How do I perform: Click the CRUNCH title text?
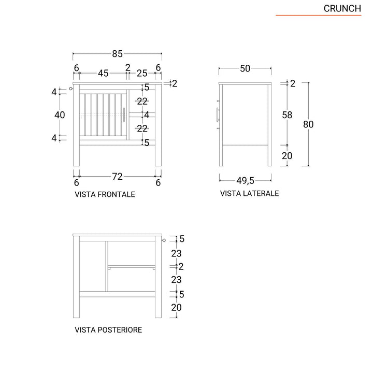(342, 8)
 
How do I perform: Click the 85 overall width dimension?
(117, 54)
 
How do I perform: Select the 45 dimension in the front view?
(103, 74)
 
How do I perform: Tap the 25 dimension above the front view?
(142, 74)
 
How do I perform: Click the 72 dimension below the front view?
(117, 177)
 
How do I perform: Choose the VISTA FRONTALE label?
(105, 195)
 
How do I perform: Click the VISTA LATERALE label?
(250, 193)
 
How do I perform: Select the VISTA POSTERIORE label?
(108, 329)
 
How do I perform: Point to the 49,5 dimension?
(246, 180)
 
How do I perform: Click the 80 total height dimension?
(309, 124)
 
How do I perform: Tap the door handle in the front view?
(125, 115)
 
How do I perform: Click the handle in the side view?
(217, 115)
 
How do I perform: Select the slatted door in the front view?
(103, 115)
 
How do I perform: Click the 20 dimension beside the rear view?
(176, 308)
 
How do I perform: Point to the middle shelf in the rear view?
(132, 266)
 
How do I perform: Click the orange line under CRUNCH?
(318, 16)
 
